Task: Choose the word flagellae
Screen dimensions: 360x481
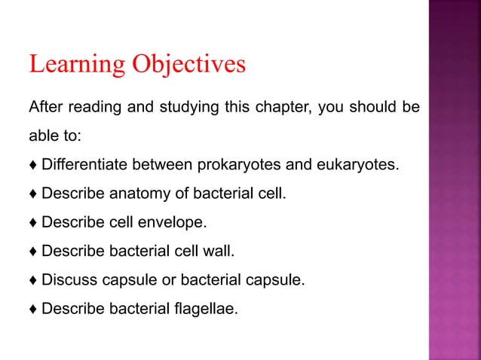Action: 206,309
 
